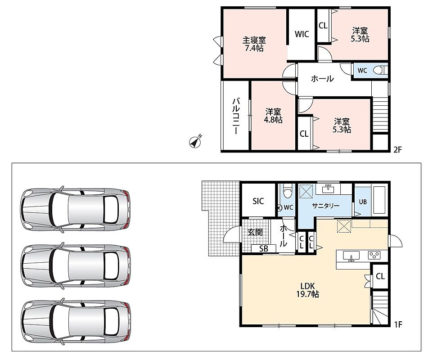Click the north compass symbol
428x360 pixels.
pyautogui.click(x=195, y=142)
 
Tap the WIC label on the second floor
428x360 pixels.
pyautogui.click(x=302, y=34)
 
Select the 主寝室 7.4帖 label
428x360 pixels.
pyautogui.click(x=254, y=44)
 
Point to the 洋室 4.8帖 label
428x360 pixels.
pyautogui.click(x=273, y=116)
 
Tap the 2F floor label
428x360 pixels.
pyautogui.click(x=398, y=149)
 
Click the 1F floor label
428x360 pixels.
pyautogui.click(x=398, y=324)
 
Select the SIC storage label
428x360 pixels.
pyautogui.click(x=258, y=201)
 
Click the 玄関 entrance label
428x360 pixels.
pyautogui.click(x=255, y=232)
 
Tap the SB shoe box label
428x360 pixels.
pyautogui.click(x=264, y=249)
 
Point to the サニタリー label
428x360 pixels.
pyautogui.click(x=326, y=206)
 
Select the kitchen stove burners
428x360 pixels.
pyautogui.click(x=374, y=255)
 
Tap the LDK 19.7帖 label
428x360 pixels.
pyautogui.click(x=308, y=290)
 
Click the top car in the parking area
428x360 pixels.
pyautogui.click(x=75, y=209)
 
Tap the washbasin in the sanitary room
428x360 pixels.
pyautogui.click(x=328, y=189)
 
